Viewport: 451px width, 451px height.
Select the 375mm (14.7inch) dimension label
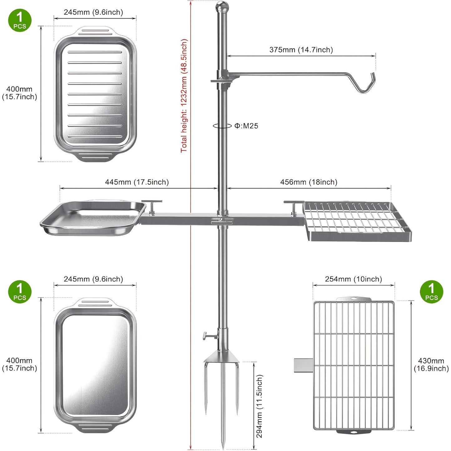301,50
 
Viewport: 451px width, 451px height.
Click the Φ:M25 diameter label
246,126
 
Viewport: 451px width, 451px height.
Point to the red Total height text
184,96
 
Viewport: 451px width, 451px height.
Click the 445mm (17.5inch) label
137,182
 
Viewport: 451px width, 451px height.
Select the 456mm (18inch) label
309,182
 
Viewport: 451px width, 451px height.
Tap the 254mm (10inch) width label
353,279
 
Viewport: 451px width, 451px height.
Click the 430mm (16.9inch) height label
431,365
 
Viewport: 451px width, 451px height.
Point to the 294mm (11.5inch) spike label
259,406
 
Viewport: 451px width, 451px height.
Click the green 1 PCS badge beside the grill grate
431,292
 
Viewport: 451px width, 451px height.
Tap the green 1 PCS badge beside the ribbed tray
20,20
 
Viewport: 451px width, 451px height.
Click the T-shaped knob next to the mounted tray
152,207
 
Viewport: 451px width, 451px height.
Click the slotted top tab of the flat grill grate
354,299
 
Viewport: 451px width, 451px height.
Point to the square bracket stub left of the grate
304,365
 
